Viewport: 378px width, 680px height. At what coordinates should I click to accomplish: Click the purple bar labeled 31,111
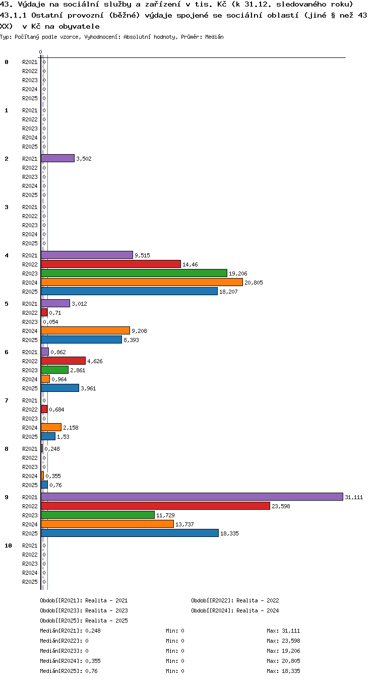tap(192, 497)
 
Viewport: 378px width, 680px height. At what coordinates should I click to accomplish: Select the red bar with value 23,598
tap(155, 506)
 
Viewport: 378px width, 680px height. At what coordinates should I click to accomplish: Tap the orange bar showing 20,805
tap(142, 282)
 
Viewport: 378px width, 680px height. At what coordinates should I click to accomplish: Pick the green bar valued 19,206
tap(134, 273)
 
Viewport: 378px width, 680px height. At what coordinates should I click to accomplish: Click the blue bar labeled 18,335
tap(130, 533)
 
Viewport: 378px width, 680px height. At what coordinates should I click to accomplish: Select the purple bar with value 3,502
tap(57, 158)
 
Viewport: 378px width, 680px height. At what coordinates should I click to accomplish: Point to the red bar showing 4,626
tap(63, 361)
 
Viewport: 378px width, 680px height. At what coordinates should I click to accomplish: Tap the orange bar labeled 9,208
tap(85, 330)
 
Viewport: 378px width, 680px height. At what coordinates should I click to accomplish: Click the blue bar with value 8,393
tap(81, 339)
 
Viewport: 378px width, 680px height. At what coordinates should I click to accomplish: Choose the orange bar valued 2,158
tap(51, 428)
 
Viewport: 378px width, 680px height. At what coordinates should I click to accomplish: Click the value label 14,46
tap(190, 264)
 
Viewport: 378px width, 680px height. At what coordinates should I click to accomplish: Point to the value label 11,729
tap(165, 515)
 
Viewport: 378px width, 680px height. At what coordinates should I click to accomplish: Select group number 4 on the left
tap(7, 255)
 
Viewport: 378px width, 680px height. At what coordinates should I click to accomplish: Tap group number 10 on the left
tap(8, 546)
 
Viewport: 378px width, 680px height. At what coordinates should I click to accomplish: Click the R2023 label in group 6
tap(30, 370)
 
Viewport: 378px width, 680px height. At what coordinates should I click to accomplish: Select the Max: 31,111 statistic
tap(283, 631)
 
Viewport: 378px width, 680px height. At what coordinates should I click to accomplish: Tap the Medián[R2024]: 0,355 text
tap(70, 661)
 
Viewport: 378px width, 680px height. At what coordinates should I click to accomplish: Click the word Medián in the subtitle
tap(214, 37)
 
